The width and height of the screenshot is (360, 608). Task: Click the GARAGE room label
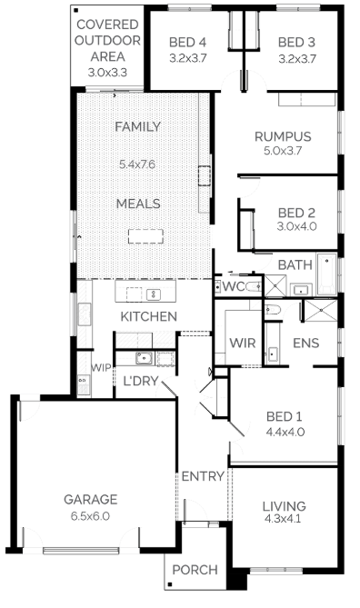coord(90,500)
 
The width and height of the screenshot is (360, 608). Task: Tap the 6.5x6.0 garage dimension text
coord(90,516)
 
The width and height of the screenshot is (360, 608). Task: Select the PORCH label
coord(195,570)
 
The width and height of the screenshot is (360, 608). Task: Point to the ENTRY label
coord(203,476)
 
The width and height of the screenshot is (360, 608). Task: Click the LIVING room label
coord(284,505)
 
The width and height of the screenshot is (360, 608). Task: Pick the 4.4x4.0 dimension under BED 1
coord(285,432)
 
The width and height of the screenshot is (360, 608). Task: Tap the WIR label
coord(243,343)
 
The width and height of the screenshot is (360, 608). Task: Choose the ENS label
coord(306,343)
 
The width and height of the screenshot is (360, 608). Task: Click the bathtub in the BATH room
coord(326,274)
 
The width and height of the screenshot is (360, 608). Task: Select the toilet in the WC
coord(254,286)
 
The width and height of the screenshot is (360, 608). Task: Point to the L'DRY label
coord(140,381)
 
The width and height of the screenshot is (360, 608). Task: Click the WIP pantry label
coord(101,367)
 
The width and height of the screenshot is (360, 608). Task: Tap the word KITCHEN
coord(148,316)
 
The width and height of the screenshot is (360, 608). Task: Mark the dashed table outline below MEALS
coord(145,236)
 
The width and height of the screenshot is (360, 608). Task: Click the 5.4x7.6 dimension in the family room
coord(137,164)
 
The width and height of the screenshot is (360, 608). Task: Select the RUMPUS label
coord(283,136)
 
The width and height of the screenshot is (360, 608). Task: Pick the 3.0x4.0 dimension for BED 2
coord(296,226)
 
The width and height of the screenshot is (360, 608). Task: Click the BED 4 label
coord(188,42)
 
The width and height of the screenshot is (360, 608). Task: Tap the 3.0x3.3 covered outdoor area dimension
coord(107,72)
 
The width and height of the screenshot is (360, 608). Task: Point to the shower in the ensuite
coord(320,311)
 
